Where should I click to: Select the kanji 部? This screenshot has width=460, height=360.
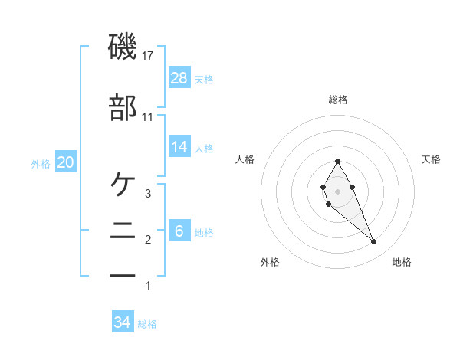click(123, 108)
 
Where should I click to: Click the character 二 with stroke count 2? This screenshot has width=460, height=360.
click(123, 229)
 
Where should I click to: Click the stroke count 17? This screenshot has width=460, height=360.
click(148, 56)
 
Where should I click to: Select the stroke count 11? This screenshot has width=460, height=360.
click(148, 117)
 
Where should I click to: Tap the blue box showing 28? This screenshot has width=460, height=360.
click(179, 77)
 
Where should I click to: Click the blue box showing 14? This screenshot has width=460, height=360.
click(179, 146)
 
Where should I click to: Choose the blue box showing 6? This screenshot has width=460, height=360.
click(179, 231)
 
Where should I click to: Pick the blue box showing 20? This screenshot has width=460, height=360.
click(65, 162)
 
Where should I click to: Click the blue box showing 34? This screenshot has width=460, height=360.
click(123, 322)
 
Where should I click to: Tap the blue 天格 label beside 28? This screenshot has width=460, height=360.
click(203, 79)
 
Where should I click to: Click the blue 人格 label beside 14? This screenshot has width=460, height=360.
click(203, 148)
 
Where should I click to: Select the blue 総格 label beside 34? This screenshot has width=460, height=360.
click(147, 324)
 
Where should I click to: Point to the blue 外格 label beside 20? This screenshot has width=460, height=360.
click(41, 163)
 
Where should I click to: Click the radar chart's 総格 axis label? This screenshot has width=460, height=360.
click(337, 100)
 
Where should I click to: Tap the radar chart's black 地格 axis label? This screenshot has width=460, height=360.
click(402, 262)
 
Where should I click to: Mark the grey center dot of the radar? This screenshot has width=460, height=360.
click(337, 190)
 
